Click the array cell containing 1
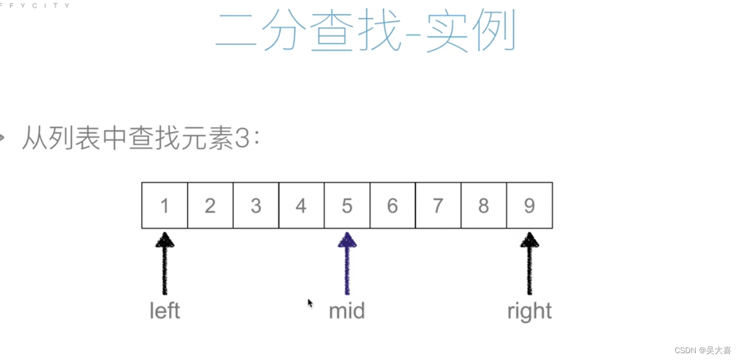(x=165, y=206)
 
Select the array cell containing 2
(x=210, y=206)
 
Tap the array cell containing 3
(x=256, y=206)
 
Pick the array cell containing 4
(x=301, y=206)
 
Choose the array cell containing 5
(x=347, y=206)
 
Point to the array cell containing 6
(x=393, y=206)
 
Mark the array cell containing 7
(x=438, y=206)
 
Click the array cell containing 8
(x=483, y=206)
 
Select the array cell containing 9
(x=529, y=206)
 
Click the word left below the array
(x=165, y=311)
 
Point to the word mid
(x=347, y=311)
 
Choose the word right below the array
(x=529, y=311)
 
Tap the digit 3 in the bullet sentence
(x=241, y=138)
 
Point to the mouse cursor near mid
(x=310, y=303)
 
